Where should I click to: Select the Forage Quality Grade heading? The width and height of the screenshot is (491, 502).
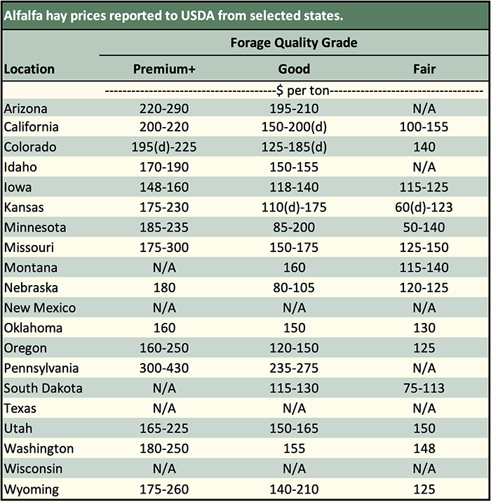pyautogui.click(x=294, y=43)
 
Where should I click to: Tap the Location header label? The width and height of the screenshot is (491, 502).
pyautogui.click(x=29, y=70)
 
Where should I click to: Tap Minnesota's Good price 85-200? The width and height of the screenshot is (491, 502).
pyautogui.click(x=294, y=227)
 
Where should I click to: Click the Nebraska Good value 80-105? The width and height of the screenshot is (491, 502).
pyautogui.click(x=294, y=288)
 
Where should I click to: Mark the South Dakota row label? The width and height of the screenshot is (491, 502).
pyautogui.click(x=43, y=388)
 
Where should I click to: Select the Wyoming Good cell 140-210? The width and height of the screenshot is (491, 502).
pyautogui.click(x=294, y=489)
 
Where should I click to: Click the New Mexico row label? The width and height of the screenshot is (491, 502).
pyautogui.click(x=40, y=308)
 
